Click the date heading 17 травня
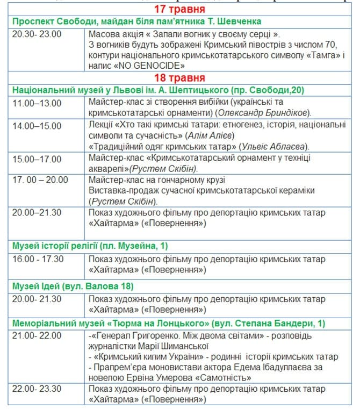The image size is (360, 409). pos(179,10)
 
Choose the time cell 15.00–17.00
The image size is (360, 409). pos(37,159)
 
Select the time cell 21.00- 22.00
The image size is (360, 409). pos(37,335)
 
